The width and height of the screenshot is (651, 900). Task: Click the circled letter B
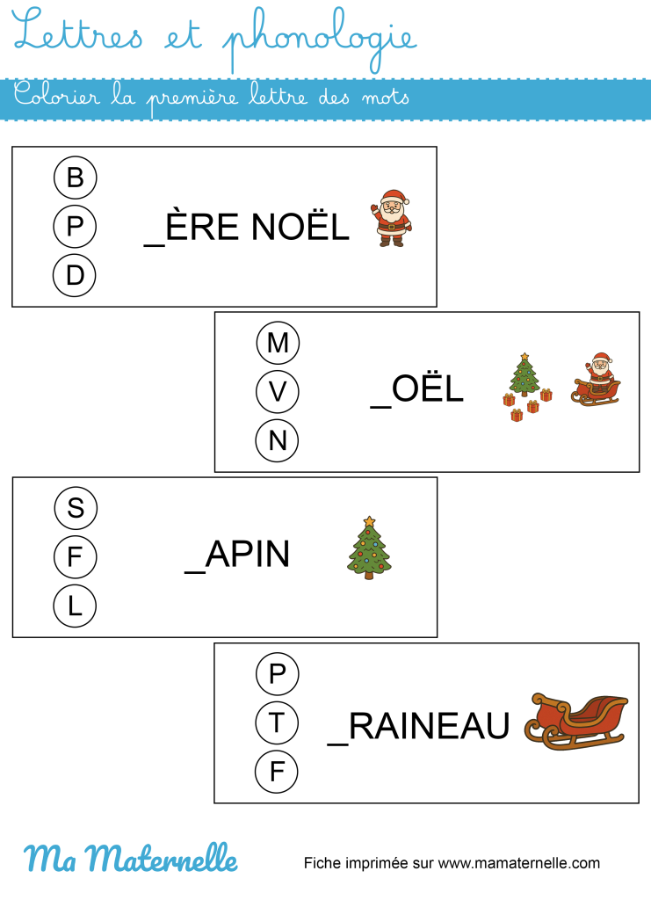(x=76, y=178)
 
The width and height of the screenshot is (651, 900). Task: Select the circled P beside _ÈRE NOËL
(x=76, y=227)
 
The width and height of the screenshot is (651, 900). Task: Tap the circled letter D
(x=76, y=276)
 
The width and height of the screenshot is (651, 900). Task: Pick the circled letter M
(x=278, y=343)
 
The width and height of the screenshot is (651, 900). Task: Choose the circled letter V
(x=278, y=391)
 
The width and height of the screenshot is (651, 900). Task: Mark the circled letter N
(x=278, y=440)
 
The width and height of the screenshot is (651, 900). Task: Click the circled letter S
(x=76, y=508)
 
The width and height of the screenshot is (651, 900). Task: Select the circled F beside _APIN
(x=76, y=556)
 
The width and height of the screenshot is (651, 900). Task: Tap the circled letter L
(x=76, y=606)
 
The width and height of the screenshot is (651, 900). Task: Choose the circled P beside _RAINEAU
(x=278, y=674)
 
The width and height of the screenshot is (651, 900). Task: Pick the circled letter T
(x=278, y=722)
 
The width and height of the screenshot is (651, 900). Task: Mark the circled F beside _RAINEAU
(x=278, y=772)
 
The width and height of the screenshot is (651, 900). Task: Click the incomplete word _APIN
(x=237, y=555)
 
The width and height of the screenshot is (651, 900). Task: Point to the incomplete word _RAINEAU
(x=418, y=727)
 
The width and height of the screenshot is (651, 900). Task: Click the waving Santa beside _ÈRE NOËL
(x=391, y=217)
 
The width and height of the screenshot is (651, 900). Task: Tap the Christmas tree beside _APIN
(x=369, y=548)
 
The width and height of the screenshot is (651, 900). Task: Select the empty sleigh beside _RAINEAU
(x=576, y=721)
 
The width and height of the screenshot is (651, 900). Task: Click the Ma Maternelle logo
(x=130, y=858)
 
